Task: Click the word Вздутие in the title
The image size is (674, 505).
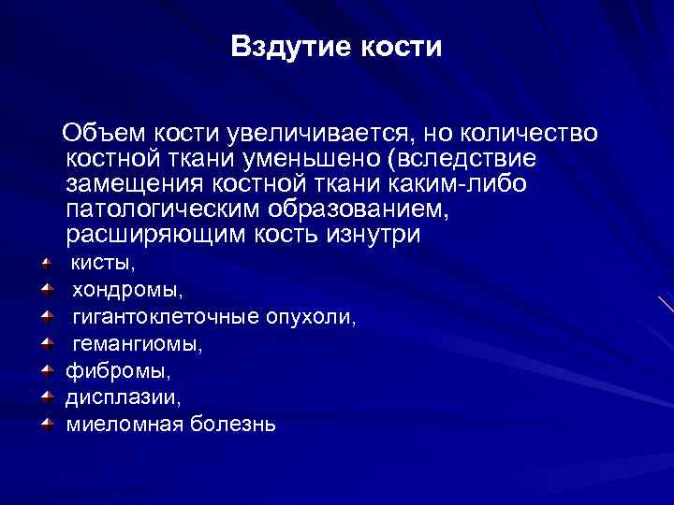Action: click(286, 48)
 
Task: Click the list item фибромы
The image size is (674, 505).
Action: click(105, 371)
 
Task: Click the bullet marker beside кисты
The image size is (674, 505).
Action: click(46, 265)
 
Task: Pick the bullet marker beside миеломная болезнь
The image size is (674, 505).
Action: click(46, 425)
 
